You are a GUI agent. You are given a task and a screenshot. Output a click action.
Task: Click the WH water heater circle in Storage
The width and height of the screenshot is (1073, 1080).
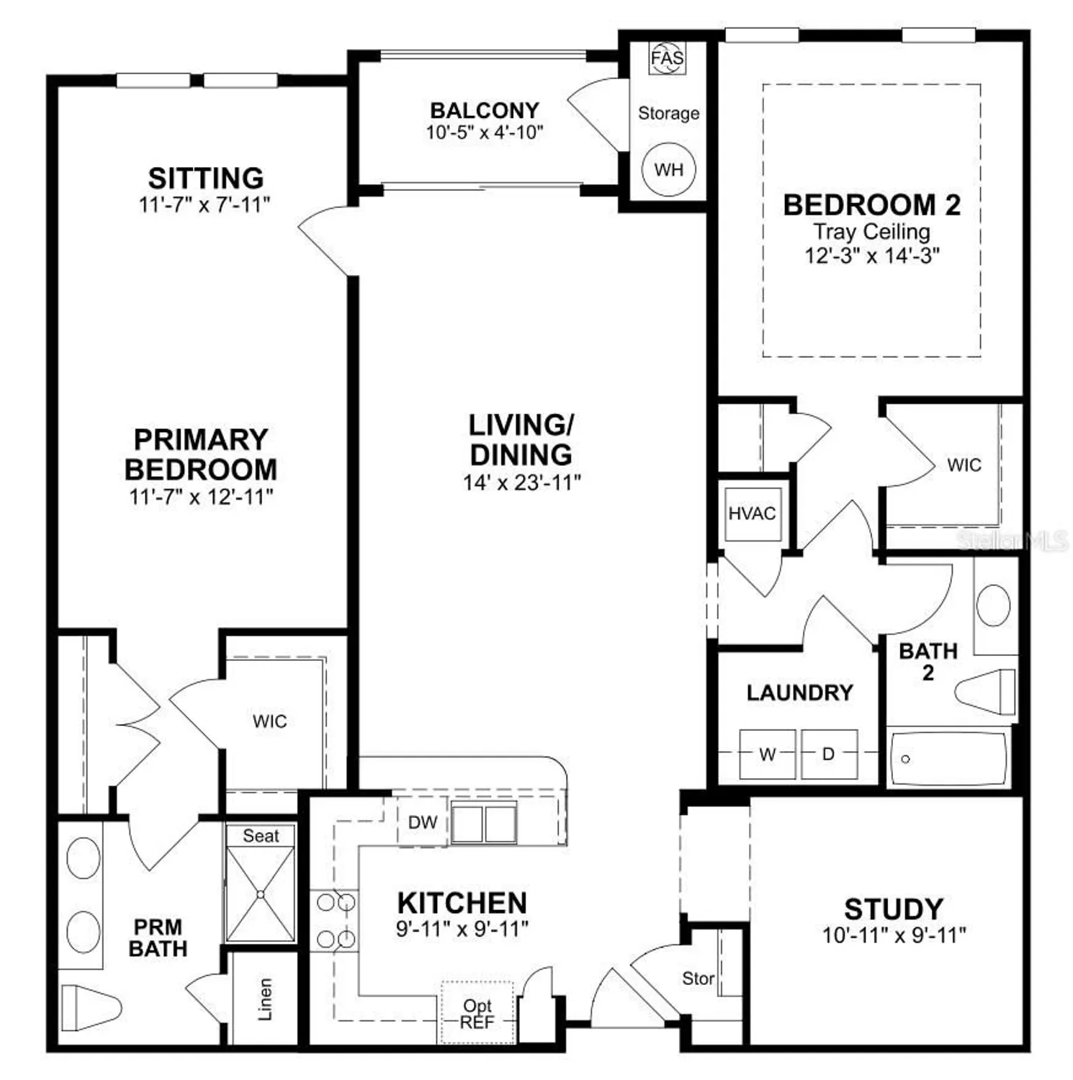tap(668, 170)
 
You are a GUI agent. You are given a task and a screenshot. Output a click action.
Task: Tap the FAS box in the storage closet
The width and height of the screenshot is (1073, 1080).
tap(668, 58)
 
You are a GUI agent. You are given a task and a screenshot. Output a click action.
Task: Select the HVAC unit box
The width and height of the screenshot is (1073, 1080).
tap(753, 513)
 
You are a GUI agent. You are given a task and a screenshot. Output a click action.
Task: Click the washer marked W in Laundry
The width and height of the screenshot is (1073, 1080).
tap(767, 754)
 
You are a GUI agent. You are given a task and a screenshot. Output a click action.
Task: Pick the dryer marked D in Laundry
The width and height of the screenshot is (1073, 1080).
tap(829, 754)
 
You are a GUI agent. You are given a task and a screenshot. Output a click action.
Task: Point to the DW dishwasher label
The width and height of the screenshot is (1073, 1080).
tap(423, 822)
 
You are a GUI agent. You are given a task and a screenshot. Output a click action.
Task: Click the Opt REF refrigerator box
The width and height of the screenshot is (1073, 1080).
tap(477, 1013)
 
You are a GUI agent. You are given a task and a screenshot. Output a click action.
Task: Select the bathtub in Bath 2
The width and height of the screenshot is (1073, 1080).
tap(948, 758)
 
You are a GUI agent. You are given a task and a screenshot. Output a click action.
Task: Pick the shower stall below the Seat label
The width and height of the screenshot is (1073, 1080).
tap(260, 894)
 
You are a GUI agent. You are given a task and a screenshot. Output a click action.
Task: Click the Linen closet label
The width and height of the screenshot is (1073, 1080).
tap(265, 999)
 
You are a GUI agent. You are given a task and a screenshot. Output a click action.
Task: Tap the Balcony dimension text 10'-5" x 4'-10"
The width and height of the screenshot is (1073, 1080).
tap(484, 132)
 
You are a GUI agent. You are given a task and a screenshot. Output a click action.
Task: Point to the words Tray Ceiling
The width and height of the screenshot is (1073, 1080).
tap(871, 232)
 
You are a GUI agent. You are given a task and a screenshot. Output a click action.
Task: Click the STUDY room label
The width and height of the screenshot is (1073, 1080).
tap(893, 909)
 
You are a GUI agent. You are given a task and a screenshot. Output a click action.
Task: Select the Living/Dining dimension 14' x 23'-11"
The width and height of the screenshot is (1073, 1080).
tap(521, 482)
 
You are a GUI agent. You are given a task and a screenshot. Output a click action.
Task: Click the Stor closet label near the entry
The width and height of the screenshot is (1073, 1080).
tap(698, 978)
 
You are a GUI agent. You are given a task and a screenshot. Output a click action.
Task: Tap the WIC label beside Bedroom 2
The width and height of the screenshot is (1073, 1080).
tap(964, 465)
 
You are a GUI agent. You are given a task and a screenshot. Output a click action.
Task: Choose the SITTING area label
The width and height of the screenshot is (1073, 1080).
tap(206, 178)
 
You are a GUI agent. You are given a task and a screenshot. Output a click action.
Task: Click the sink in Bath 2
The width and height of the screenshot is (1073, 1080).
tap(994, 606)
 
